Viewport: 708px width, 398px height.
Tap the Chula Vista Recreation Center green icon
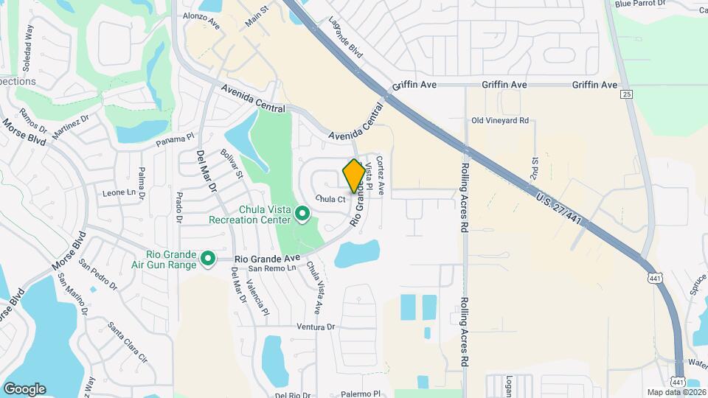click(302, 214)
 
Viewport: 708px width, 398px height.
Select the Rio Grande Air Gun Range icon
click(208, 258)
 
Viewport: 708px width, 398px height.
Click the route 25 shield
click(626, 94)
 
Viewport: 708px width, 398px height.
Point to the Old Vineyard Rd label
click(501, 120)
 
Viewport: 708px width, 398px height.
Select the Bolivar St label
click(231, 164)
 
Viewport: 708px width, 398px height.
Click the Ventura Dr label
click(316, 327)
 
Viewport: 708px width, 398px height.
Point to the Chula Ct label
click(331, 199)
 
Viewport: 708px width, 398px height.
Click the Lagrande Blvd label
click(347, 38)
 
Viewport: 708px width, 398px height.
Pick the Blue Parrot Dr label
click(639, 4)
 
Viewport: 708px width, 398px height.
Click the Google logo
click(24, 388)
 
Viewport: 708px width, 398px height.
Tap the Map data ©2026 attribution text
click(676, 392)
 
